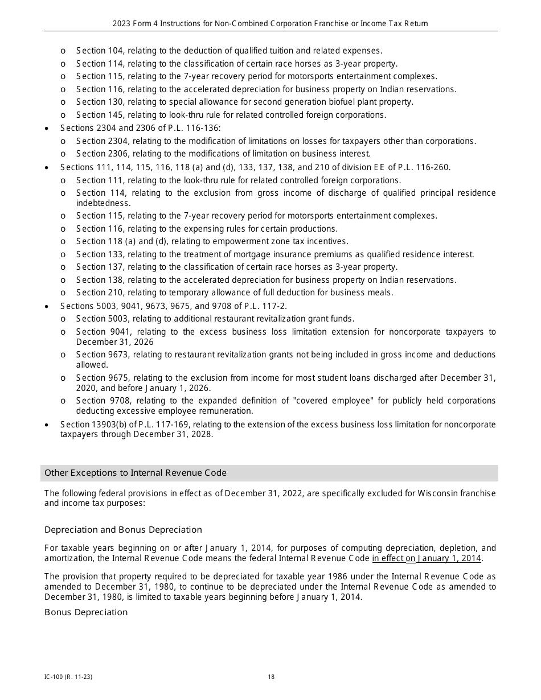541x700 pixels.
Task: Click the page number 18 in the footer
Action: tap(271, 677)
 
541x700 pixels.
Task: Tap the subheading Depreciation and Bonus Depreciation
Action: tap(123, 530)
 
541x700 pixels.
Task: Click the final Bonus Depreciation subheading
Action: tap(86, 612)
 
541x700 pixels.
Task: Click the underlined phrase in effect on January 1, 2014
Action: tap(427, 558)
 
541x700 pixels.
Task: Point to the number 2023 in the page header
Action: tap(121, 24)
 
